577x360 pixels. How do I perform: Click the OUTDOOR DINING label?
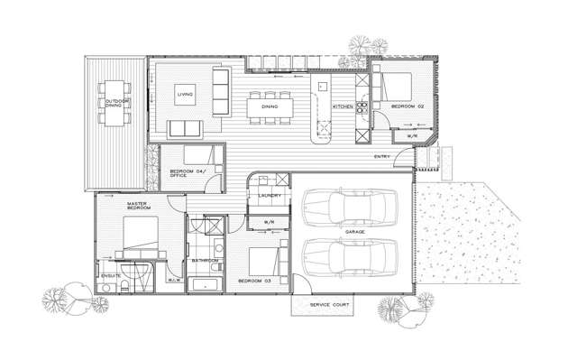click(113, 103)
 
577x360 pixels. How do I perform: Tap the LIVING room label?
click(185, 93)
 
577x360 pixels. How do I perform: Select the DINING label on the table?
click(269, 107)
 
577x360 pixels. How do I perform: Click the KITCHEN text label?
click(343, 107)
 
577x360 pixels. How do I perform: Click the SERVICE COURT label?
click(322, 306)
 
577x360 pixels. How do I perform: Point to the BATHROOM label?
click(206, 260)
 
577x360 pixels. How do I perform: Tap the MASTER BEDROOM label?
click(137, 207)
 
